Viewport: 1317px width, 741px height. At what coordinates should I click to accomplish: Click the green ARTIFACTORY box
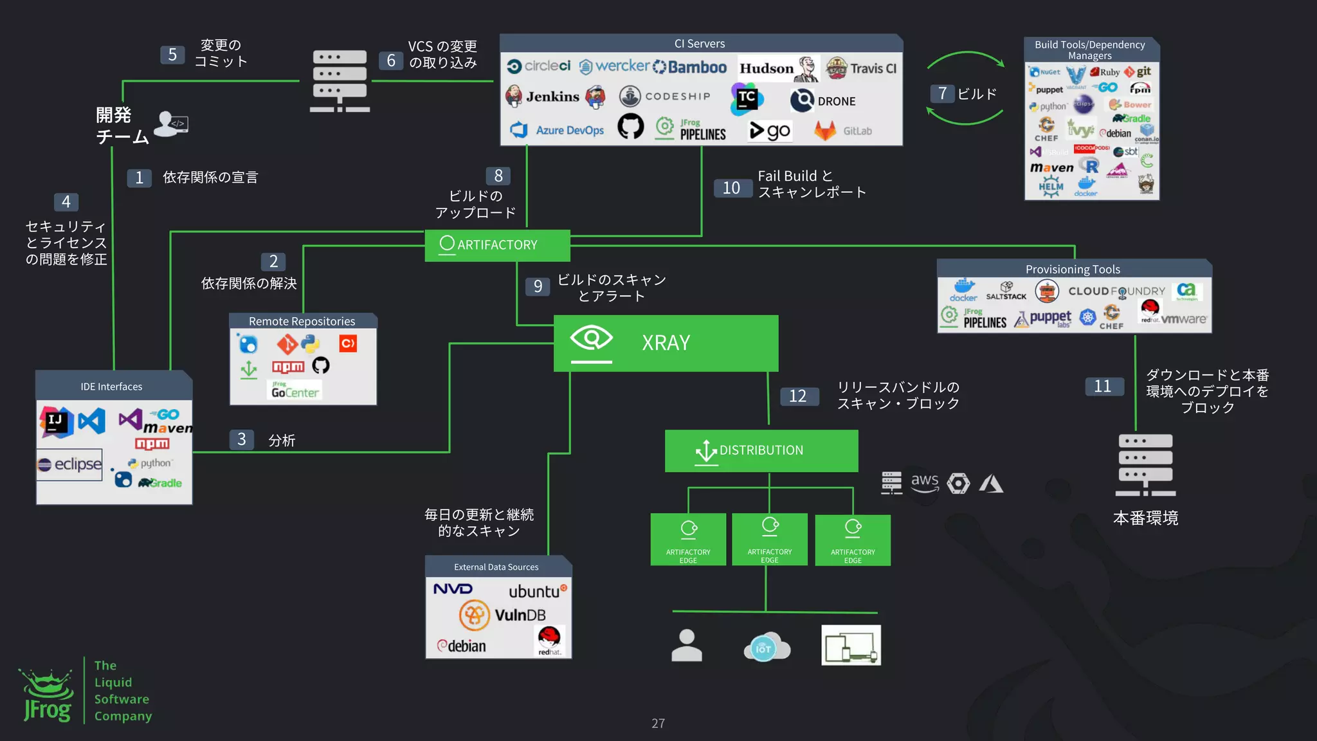497,245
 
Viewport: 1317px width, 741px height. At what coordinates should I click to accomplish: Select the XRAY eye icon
591,338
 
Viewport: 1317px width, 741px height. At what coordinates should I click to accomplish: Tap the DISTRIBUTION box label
761,450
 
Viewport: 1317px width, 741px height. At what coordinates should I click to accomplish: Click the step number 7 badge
942,94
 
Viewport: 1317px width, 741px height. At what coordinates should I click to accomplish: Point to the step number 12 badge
797,396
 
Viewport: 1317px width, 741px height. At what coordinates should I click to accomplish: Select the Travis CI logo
862,68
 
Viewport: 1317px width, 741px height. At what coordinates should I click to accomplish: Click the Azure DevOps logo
558,131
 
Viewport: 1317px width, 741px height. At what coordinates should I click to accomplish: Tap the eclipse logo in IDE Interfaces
69,464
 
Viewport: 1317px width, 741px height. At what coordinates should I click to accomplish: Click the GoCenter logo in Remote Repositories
295,390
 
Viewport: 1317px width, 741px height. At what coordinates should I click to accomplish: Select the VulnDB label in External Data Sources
520,616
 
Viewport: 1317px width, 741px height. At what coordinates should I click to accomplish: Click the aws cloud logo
924,482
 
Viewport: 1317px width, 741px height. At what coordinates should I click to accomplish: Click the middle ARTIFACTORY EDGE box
770,539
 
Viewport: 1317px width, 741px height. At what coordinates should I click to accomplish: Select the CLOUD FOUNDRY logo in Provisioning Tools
1116,291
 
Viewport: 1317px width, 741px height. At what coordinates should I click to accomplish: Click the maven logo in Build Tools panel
1052,168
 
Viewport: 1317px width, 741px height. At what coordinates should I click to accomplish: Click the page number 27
658,723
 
